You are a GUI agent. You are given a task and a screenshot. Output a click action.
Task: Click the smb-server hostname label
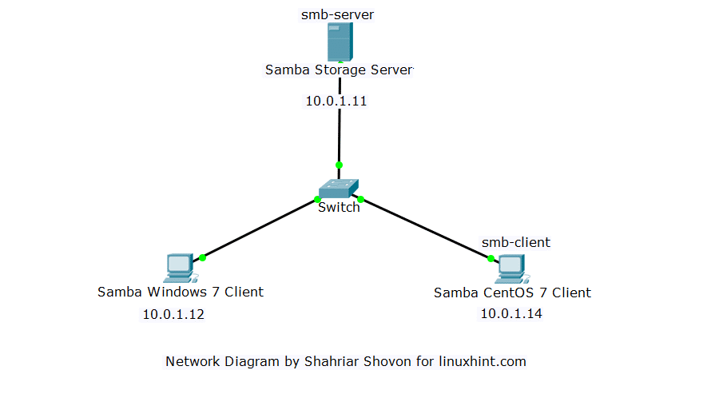point(337,14)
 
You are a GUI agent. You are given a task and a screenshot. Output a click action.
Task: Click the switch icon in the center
point(339,189)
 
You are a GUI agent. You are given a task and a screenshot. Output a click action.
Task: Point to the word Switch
point(339,208)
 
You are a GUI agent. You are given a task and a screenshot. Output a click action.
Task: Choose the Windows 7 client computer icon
point(179,269)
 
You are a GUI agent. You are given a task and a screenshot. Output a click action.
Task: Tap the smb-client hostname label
point(515,242)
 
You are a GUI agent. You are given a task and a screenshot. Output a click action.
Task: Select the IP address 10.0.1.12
point(173,314)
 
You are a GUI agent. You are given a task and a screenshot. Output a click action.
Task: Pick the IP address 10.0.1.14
point(511,313)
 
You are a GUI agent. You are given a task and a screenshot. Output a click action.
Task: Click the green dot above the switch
point(339,165)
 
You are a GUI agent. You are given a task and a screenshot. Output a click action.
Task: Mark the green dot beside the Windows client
point(203,257)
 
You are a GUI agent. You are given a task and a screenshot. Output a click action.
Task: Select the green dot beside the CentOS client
point(491,258)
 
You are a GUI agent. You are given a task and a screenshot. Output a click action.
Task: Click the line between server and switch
point(340,136)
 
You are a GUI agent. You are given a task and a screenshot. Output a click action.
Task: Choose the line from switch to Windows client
point(260,229)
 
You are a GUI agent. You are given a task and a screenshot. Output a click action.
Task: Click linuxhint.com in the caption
point(483,361)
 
